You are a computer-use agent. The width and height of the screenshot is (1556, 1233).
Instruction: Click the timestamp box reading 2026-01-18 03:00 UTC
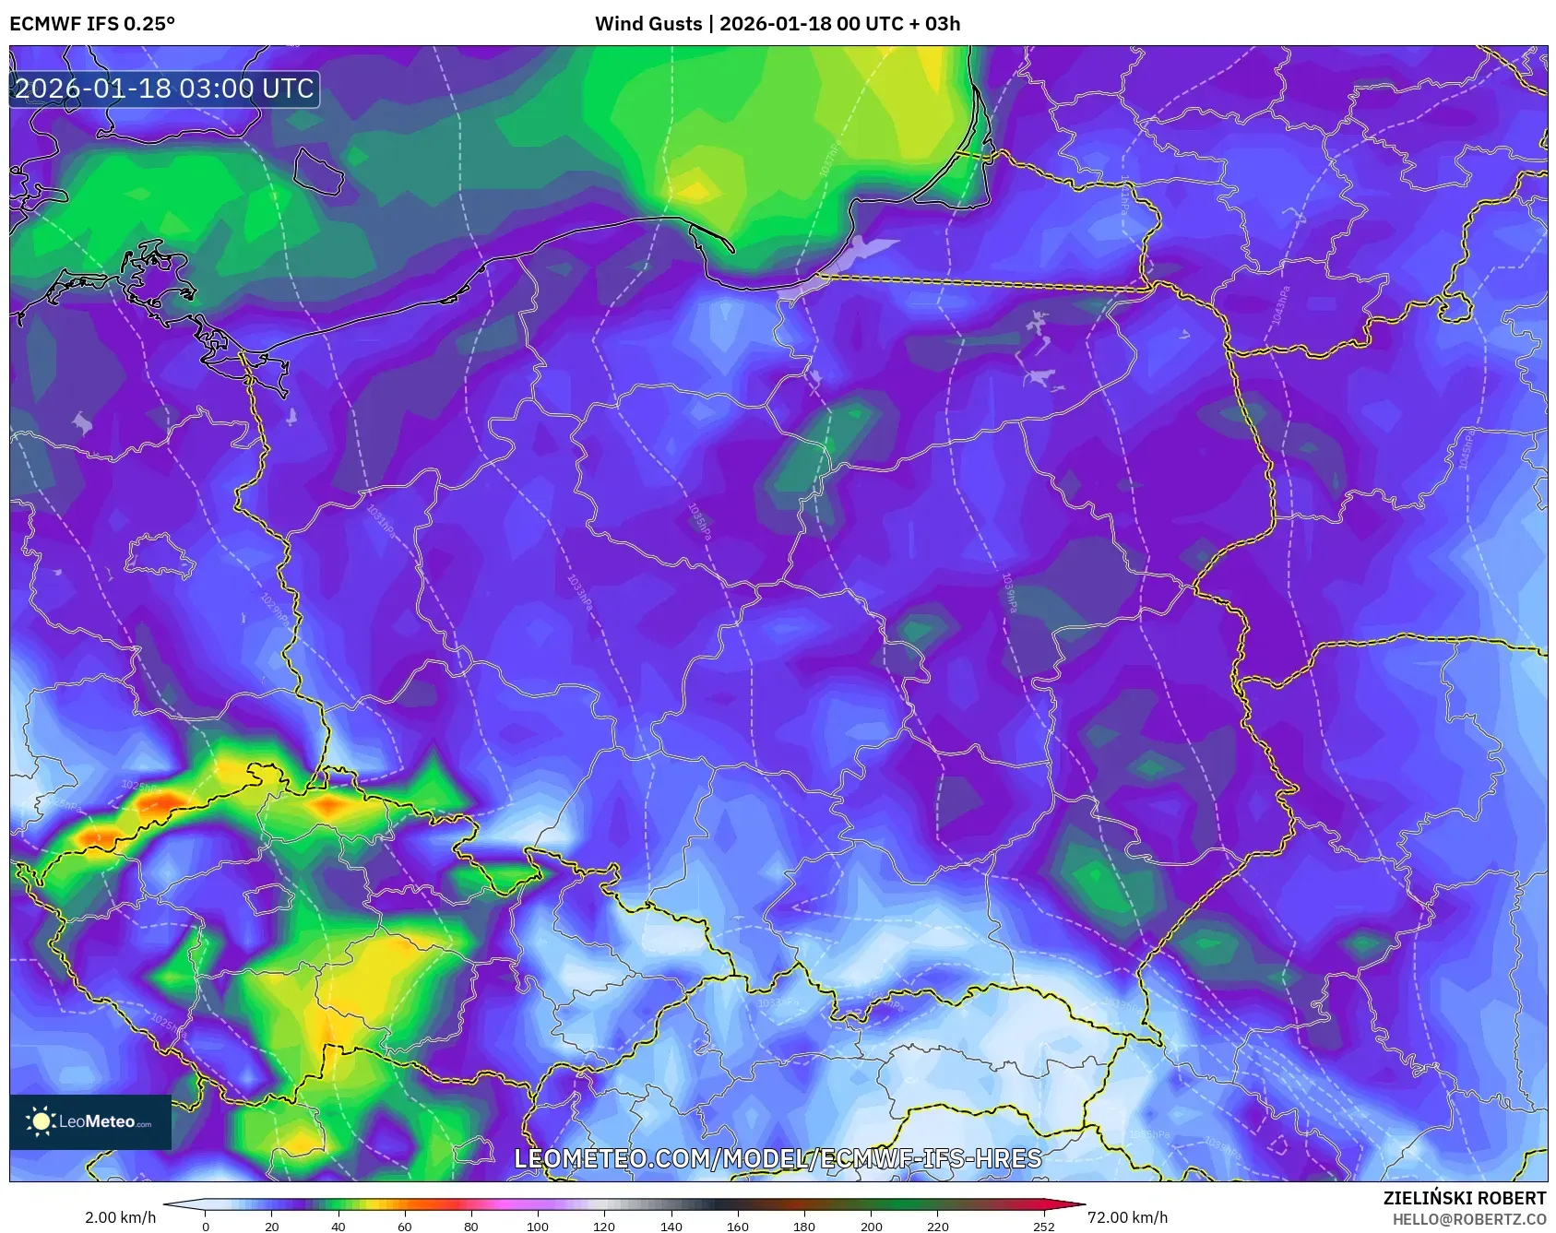click(164, 89)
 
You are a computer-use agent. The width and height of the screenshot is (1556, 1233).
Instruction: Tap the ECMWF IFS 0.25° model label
click(92, 23)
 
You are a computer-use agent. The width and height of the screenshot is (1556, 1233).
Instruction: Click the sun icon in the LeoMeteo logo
click(41, 1121)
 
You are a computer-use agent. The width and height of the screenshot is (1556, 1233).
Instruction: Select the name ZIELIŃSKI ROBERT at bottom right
click(1464, 1198)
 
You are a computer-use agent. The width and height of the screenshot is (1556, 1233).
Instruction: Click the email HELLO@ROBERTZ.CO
click(1468, 1219)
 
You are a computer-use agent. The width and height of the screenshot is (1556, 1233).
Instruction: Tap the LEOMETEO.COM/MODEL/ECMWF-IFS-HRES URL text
click(778, 1158)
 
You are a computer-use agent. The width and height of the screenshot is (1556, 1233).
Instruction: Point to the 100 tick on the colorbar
click(538, 1227)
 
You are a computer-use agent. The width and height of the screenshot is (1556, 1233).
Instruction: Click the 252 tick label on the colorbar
click(1043, 1227)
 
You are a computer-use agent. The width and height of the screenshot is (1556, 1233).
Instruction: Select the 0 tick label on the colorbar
click(205, 1227)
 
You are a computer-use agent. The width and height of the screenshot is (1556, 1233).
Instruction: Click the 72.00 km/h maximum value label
click(1127, 1217)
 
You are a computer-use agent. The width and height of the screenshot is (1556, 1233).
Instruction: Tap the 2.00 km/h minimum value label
click(121, 1217)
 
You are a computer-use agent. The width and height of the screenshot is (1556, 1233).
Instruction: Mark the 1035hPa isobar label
click(700, 522)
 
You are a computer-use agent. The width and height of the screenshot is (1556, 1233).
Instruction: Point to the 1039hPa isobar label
click(1010, 593)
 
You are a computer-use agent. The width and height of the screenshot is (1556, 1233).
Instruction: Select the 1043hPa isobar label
click(1280, 305)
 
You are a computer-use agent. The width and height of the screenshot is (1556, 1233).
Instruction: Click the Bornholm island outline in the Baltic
click(319, 171)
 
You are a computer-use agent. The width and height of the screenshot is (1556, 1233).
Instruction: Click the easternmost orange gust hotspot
click(328, 807)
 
